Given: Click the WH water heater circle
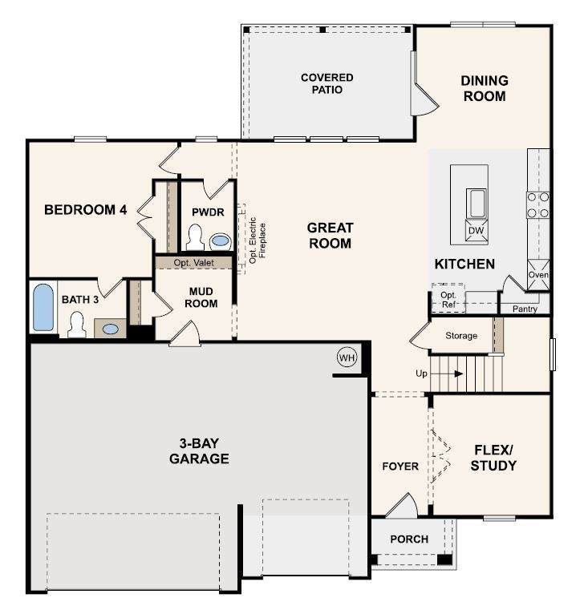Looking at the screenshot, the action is [x=347, y=358].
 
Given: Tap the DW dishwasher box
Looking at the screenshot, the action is [x=477, y=230].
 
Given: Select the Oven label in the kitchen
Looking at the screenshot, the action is [x=538, y=274].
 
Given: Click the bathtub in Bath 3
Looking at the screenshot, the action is [x=43, y=308].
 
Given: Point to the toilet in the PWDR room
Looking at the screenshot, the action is [x=195, y=237].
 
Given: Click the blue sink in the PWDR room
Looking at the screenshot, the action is [x=221, y=241].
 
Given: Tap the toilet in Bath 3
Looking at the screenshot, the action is [x=76, y=325].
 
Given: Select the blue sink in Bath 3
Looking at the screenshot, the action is [x=111, y=329].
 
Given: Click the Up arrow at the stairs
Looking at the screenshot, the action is [x=447, y=374].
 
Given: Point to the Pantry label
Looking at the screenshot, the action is [x=525, y=309].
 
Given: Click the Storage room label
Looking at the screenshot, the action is [x=461, y=335].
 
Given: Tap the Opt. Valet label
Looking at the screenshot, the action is [x=193, y=263].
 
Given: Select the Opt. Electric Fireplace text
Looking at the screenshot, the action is [x=258, y=240].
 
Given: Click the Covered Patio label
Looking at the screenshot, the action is [x=327, y=83].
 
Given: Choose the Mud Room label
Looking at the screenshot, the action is [x=201, y=297].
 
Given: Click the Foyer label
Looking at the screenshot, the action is [x=400, y=466].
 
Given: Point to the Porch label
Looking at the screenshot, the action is [x=409, y=539].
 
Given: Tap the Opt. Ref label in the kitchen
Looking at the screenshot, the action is [x=448, y=300].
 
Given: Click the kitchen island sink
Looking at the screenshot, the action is [x=477, y=204].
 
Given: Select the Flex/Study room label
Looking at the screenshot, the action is [x=493, y=458].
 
